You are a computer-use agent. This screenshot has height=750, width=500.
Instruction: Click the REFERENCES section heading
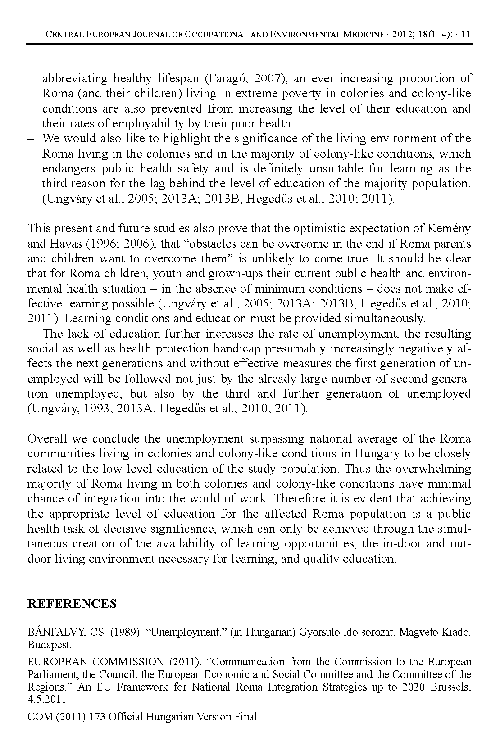click(72, 604)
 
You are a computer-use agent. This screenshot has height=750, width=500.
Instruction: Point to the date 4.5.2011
click(47, 700)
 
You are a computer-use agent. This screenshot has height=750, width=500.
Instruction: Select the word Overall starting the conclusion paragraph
click(47, 439)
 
